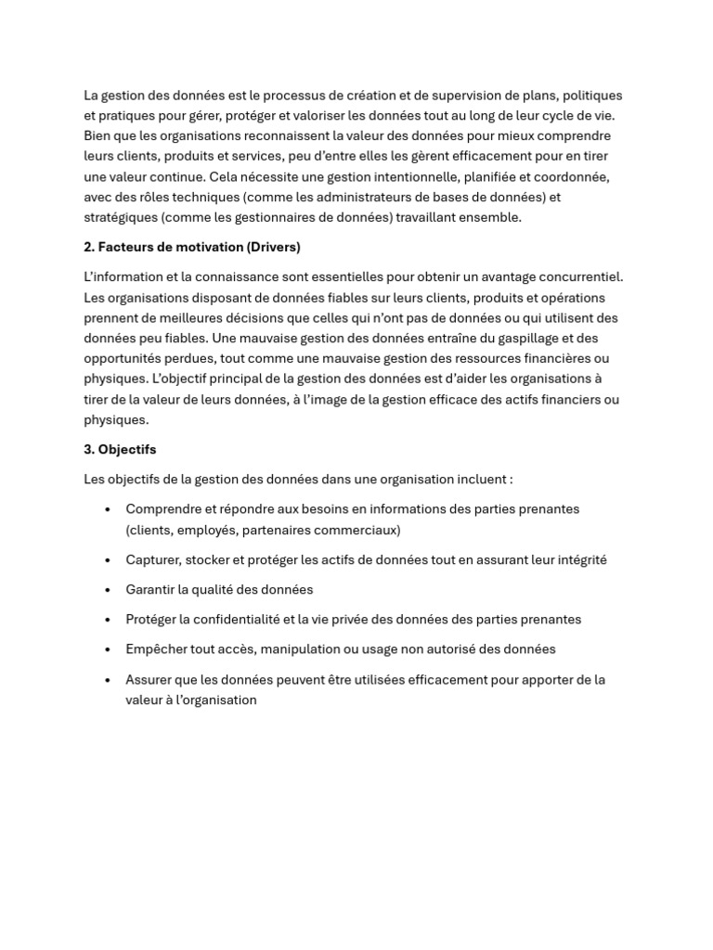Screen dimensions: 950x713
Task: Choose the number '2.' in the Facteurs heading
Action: [x=89, y=247]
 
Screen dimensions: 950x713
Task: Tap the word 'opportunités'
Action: [x=122, y=359]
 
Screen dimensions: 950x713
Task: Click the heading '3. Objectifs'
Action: [x=120, y=450]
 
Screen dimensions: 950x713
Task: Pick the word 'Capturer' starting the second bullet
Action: [x=153, y=560]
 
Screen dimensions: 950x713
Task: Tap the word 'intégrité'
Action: [x=580, y=560]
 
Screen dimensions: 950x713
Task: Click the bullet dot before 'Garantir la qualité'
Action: [x=109, y=590]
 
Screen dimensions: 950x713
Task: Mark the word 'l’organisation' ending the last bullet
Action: [x=214, y=700]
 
